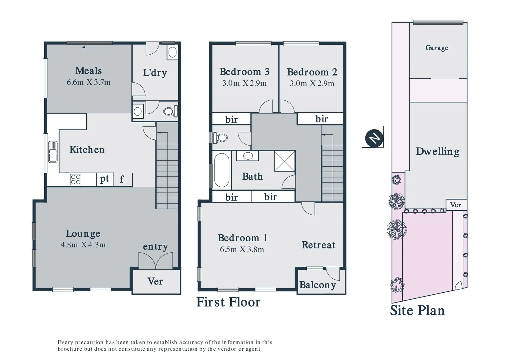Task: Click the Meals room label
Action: (x=88, y=71)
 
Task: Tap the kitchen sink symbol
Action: (x=53, y=152)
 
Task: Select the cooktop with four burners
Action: (x=76, y=179)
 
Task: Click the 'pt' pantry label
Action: (x=104, y=179)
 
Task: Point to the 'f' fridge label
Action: (x=122, y=179)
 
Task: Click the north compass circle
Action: (x=374, y=138)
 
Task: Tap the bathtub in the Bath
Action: (x=222, y=170)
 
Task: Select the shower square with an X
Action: (x=284, y=161)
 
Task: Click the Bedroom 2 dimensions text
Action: (x=312, y=83)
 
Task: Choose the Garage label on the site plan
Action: (x=437, y=48)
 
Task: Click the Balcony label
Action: (x=317, y=285)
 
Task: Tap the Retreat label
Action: (x=318, y=245)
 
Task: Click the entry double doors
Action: (x=156, y=261)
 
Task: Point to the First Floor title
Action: (x=228, y=302)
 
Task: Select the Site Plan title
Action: (x=417, y=310)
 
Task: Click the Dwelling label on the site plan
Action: (x=437, y=151)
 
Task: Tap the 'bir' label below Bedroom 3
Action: (x=231, y=119)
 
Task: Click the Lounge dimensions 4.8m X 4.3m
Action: (x=83, y=245)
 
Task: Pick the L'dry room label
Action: (x=155, y=73)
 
